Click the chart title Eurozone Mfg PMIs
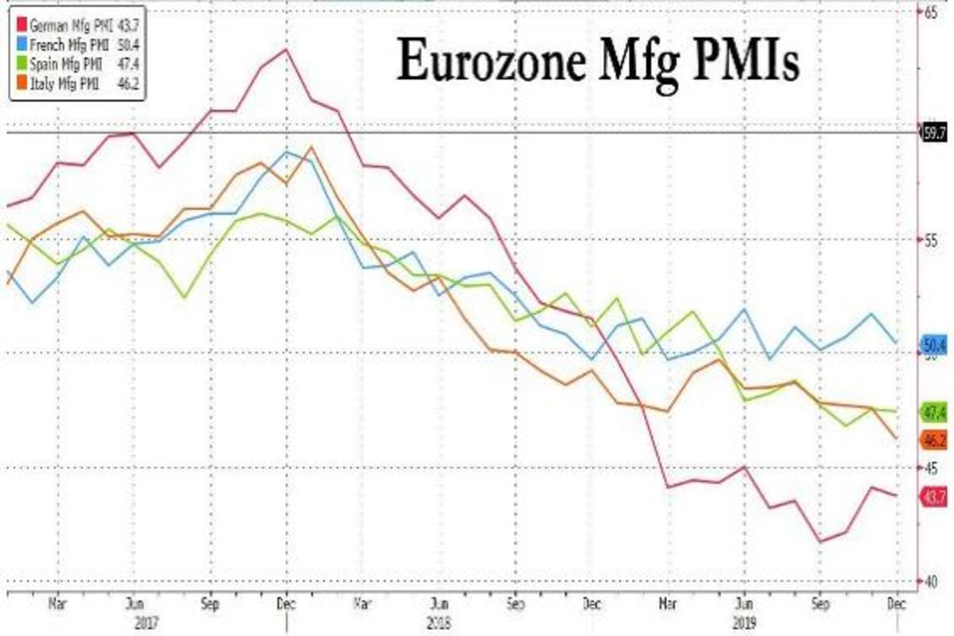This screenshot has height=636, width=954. [x=598, y=61]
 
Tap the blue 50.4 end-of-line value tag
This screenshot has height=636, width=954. [x=933, y=345]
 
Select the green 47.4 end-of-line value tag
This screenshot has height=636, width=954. [x=933, y=412]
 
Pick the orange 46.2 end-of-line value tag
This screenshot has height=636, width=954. [x=933, y=440]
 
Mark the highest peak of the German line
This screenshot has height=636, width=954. [x=285, y=49]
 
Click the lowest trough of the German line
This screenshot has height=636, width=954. [x=820, y=542]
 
